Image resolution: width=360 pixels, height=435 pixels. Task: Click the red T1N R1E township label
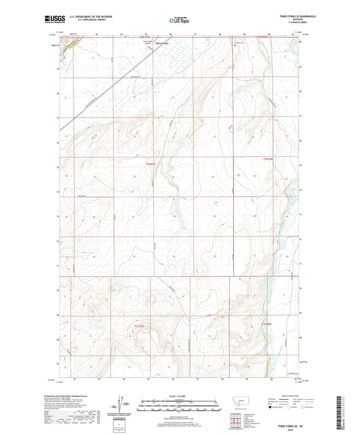(x=151, y=164)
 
